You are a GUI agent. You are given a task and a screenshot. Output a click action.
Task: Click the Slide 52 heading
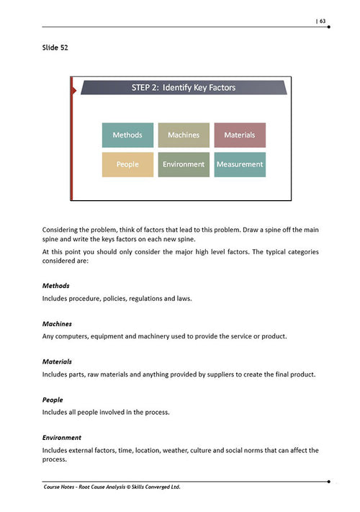tap(57, 48)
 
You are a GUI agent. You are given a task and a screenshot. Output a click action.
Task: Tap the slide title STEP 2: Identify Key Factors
tap(184, 88)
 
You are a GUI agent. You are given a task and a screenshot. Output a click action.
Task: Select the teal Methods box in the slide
tap(127, 135)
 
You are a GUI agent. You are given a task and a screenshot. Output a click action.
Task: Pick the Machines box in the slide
tap(184, 135)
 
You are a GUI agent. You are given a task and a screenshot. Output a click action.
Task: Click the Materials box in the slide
tap(240, 135)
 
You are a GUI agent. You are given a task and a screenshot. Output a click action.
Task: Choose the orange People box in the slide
tap(127, 164)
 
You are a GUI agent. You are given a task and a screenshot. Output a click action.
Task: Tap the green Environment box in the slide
tap(184, 164)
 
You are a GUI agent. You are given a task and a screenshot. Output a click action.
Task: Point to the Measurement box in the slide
tap(240, 164)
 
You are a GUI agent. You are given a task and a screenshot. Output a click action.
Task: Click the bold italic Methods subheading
tap(57, 286)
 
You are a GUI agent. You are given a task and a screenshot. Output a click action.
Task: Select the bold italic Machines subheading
tap(58, 323)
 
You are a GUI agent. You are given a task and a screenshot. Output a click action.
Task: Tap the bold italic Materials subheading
tap(58, 361)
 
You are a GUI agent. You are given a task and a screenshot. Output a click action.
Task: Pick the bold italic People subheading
tap(53, 400)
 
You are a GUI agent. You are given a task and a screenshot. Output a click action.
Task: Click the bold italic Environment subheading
tap(62, 437)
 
